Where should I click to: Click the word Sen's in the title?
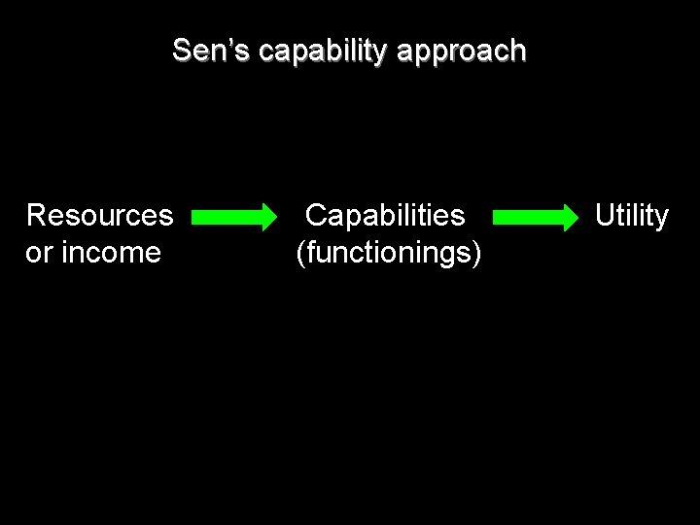[x=211, y=50]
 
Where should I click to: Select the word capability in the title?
[x=323, y=52]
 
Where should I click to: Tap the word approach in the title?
[x=462, y=52]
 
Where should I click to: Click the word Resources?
[x=99, y=215]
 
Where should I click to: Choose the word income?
[x=111, y=252]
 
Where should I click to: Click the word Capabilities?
[x=385, y=215]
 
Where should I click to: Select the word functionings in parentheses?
[x=389, y=253]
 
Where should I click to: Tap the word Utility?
[x=632, y=216]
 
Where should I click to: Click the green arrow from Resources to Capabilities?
[x=234, y=218]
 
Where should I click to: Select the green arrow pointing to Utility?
[x=536, y=218]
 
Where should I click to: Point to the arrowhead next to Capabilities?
[x=269, y=218]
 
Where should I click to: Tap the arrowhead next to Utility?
[x=572, y=218]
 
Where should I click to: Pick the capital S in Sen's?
[x=181, y=50]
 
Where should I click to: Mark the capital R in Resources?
[x=36, y=215]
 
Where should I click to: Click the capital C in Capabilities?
[x=317, y=215]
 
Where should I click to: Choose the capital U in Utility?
[x=605, y=215]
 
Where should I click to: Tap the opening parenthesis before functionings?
[x=300, y=254]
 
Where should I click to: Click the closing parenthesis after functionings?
[x=476, y=254]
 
